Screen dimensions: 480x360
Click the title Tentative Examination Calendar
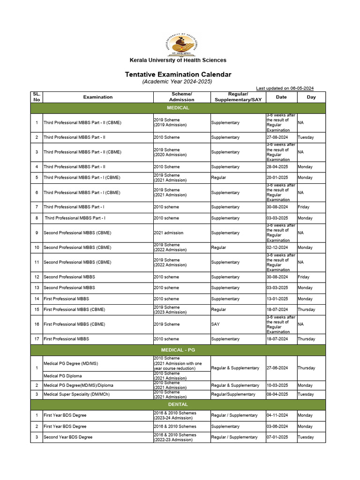178,75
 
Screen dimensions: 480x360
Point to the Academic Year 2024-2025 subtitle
178,82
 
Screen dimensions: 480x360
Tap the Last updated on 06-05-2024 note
285,88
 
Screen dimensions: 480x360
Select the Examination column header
98,97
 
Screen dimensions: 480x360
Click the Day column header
311,97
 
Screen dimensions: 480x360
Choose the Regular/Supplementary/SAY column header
238,97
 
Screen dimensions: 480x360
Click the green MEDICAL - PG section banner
178,350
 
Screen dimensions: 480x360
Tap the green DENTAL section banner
178,404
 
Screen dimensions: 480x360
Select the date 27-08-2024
277,137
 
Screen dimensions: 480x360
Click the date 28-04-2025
277,167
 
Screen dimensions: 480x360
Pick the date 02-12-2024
277,247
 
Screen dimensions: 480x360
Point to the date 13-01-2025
277,299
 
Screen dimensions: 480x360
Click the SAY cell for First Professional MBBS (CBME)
215,324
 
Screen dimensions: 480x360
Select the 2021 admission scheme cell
168,233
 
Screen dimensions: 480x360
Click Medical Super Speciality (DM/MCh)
76,394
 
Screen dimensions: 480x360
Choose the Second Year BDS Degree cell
68,437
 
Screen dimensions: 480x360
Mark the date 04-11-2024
277,415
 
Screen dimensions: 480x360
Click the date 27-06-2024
277,368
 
